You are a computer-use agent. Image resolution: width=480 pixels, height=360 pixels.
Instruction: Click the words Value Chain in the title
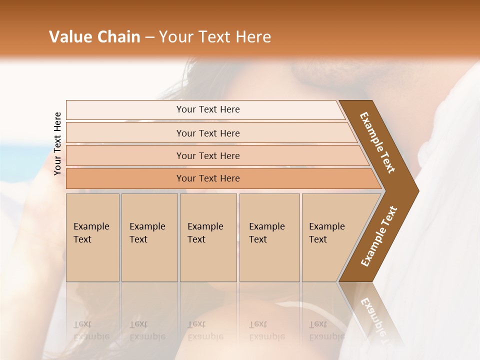(x=94, y=37)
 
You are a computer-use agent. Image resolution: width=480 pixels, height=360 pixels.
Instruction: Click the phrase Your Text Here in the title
(x=215, y=37)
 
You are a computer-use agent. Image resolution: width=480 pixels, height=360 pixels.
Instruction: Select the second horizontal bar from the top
(x=208, y=133)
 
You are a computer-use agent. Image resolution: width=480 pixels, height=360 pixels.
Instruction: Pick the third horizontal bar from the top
(x=208, y=155)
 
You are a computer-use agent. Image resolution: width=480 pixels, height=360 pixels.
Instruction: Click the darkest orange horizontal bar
(x=208, y=178)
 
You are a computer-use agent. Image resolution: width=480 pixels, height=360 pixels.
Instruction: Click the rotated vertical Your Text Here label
(x=57, y=143)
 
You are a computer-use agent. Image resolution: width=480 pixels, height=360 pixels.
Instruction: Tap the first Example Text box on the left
(x=92, y=237)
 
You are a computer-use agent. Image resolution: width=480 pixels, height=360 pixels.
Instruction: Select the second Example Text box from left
(x=149, y=237)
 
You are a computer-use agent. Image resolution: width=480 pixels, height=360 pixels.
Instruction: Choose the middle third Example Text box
(x=208, y=237)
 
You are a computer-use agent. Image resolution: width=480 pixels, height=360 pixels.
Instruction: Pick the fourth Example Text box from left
(x=269, y=237)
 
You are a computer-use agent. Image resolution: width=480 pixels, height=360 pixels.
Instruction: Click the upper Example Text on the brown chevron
(x=378, y=142)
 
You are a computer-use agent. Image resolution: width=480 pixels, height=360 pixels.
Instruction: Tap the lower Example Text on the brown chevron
(x=379, y=236)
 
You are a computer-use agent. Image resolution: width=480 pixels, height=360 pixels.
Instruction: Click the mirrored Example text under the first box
(x=91, y=336)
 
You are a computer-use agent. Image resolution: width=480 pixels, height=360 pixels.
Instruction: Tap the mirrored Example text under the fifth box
(x=326, y=336)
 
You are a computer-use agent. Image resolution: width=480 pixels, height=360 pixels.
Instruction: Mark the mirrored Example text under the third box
(x=205, y=336)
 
